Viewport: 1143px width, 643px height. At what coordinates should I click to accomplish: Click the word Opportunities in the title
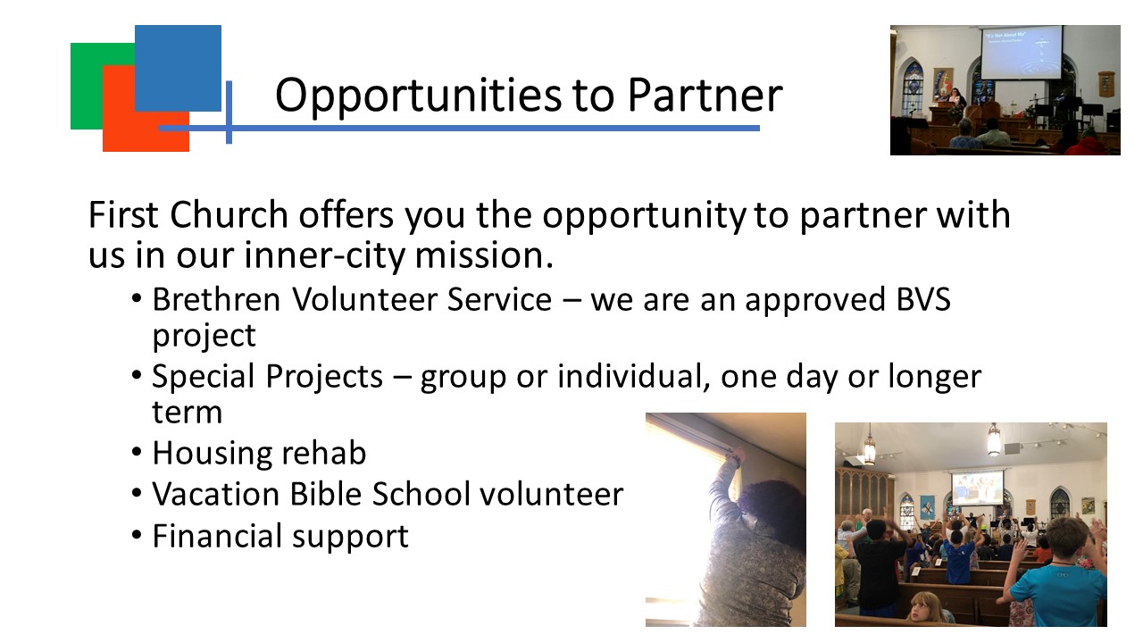(418, 96)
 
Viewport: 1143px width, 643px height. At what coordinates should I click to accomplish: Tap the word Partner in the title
(705, 95)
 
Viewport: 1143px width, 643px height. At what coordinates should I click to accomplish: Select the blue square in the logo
(178, 69)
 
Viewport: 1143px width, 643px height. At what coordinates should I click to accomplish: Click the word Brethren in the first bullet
(216, 299)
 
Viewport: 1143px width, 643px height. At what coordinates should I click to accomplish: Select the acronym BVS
(923, 299)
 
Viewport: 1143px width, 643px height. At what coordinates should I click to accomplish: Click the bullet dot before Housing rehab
(137, 452)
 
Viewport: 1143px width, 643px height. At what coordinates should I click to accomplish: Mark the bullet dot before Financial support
(137, 535)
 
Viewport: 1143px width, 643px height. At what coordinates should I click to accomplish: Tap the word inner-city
(324, 255)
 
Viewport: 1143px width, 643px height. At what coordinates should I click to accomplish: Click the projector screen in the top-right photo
(1022, 53)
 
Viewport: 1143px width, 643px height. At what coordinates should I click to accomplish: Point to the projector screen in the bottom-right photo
(977, 487)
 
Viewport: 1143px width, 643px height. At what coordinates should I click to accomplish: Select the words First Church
(188, 215)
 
